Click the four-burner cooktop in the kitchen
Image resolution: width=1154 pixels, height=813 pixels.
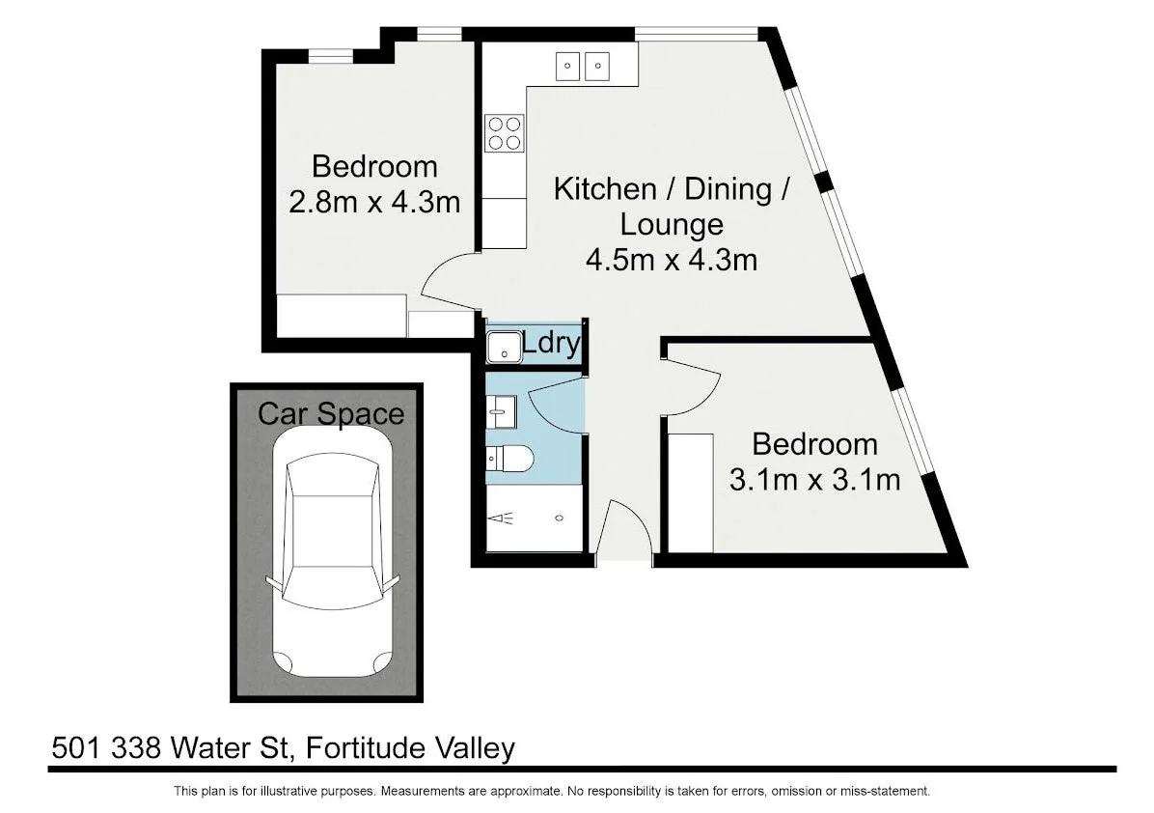504,132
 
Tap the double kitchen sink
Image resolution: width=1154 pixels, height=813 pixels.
584,66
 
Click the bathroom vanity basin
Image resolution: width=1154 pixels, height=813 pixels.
500,410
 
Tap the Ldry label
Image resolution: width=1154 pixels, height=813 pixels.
551,343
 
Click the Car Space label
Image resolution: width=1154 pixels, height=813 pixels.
330,414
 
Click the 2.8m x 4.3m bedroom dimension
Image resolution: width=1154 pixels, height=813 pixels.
373,202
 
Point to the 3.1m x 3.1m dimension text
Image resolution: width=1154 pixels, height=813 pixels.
814,479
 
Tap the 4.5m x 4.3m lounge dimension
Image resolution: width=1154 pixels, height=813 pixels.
671,260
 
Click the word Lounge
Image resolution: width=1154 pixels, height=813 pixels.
671,224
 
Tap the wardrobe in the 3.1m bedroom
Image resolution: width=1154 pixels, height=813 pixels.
691,492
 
